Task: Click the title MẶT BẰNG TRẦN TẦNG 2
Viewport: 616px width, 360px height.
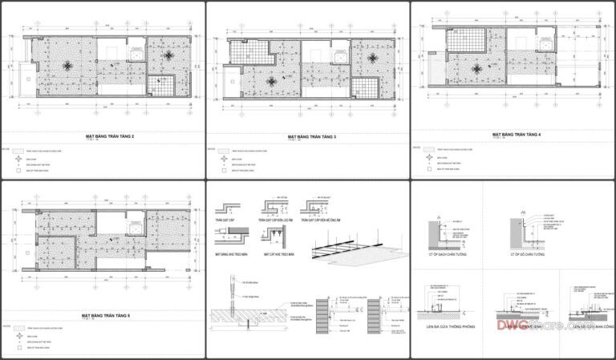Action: [x=109, y=137]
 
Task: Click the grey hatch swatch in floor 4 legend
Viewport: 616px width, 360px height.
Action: [x=429, y=148]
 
